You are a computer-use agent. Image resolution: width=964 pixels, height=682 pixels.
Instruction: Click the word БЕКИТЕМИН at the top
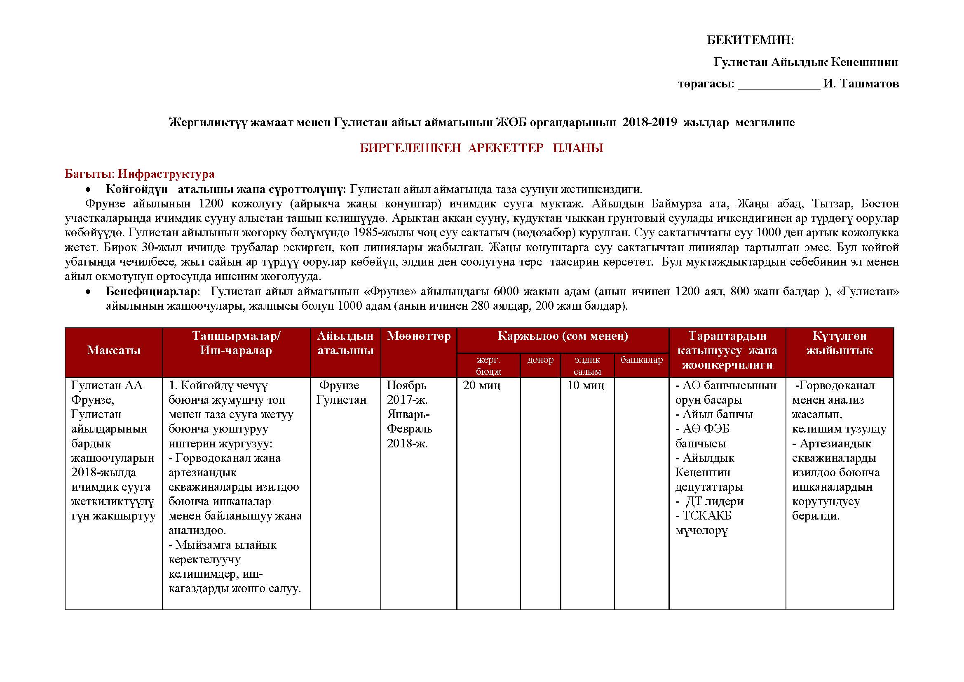tap(750, 40)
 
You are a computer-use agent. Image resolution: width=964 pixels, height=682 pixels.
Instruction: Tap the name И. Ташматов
tap(861, 84)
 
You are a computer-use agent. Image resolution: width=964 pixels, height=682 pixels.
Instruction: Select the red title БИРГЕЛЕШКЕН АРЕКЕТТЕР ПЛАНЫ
tap(481, 148)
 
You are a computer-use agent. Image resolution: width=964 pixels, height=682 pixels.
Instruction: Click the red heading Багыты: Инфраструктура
tap(139, 174)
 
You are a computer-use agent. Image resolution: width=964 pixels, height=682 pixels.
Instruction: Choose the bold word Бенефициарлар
tap(151, 292)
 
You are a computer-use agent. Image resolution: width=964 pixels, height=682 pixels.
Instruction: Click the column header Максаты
tap(113, 350)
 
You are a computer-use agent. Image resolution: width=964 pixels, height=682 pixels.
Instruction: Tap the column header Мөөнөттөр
tap(419, 336)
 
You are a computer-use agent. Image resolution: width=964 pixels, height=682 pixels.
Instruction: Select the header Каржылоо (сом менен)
tap(563, 336)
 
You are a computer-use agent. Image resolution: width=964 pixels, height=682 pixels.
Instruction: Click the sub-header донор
tap(540, 360)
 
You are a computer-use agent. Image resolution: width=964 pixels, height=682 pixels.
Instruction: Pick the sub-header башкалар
tap(642, 360)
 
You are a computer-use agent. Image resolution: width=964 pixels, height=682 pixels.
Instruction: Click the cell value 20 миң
tap(481, 386)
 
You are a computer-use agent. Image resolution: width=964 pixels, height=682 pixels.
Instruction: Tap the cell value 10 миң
tap(586, 386)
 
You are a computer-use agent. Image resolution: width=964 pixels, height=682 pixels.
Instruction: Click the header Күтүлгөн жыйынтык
tap(839, 343)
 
